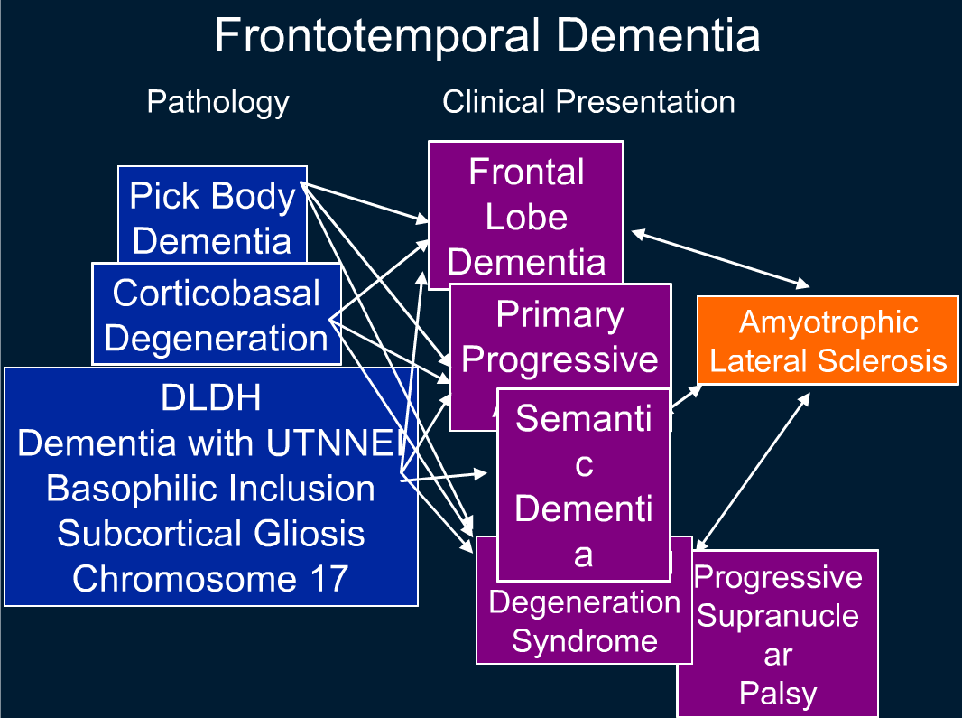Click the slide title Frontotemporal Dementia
pyautogui.click(x=486, y=37)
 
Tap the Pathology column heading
pyautogui.click(x=217, y=102)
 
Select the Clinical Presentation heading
pyautogui.click(x=587, y=102)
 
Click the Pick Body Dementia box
pyautogui.click(x=212, y=218)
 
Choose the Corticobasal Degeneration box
pyautogui.click(x=217, y=315)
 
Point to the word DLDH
pyautogui.click(x=211, y=398)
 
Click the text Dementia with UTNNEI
pyautogui.click(x=211, y=443)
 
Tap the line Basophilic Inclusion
pyautogui.click(x=211, y=488)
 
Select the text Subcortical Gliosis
pyautogui.click(x=211, y=533)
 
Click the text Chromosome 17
pyautogui.click(x=211, y=578)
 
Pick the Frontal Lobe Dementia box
pyautogui.click(x=526, y=216)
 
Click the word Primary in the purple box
pyautogui.click(x=560, y=314)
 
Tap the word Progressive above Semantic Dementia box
pyautogui.click(x=560, y=359)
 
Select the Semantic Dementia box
pyautogui.click(x=583, y=486)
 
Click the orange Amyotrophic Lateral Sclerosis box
pyautogui.click(x=828, y=340)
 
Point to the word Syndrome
pyautogui.click(x=584, y=641)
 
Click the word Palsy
pyautogui.click(x=777, y=694)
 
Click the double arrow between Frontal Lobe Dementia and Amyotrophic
pyautogui.click(x=721, y=259)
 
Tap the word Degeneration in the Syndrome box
pyautogui.click(x=584, y=602)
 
